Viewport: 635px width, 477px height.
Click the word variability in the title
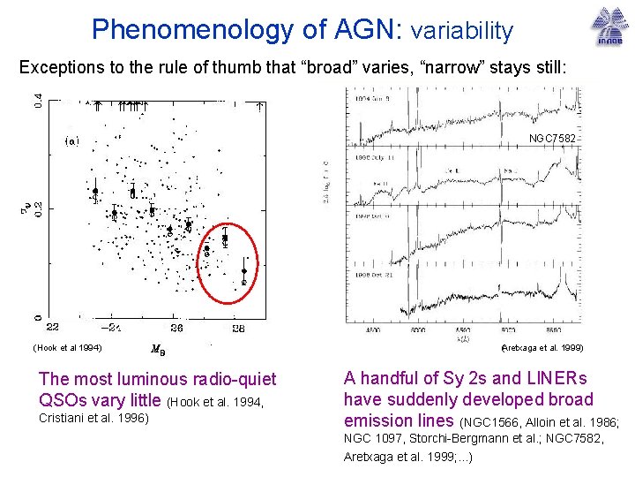click(461, 31)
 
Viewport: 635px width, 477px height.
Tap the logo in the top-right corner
click(606, 26)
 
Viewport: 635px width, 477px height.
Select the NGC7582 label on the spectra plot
click(552, 139)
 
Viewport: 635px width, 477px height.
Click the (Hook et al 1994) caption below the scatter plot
click(68, 347)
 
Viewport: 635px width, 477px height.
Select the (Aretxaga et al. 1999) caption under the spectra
click(542, 348)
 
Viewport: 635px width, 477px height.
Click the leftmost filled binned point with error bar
click(95, 189)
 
